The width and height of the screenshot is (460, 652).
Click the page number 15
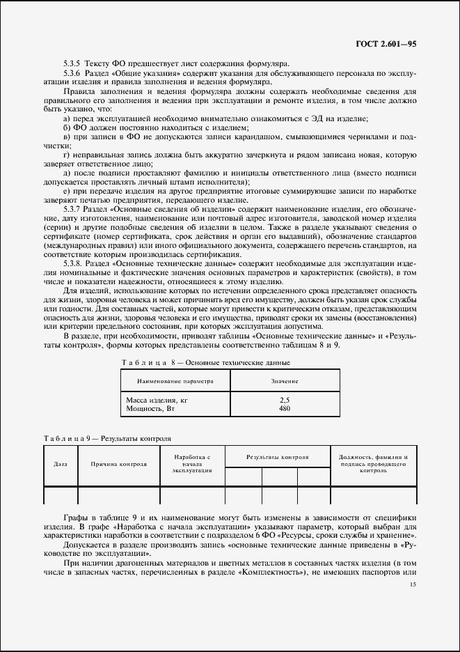click(x=413, y=586)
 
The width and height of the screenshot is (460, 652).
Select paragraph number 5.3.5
click(x=73, y=64)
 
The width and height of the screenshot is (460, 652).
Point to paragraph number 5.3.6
click(x=73, y=73)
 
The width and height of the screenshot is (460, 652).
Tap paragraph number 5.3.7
click(x=73, y=209)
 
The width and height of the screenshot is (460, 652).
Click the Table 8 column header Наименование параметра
click(x=175, y=381)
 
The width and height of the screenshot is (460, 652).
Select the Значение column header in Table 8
click(x=284, y=381)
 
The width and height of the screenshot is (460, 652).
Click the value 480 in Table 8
click(x=284, y=409)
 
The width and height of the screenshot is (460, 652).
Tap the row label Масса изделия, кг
click(x=157, y=401)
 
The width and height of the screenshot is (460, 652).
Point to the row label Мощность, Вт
click(x=150, y=409)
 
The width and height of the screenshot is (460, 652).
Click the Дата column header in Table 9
click(x=61, y=463)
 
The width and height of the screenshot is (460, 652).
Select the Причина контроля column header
click(x=118, y=463)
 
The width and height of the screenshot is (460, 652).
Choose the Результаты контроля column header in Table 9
click(x=277, y=456)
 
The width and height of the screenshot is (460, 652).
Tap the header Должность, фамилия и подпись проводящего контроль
click(x=373, y=463)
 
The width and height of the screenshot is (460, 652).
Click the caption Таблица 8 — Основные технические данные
click(x=205, y=363)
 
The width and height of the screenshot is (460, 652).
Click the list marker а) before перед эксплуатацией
click(x=67, y=118)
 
